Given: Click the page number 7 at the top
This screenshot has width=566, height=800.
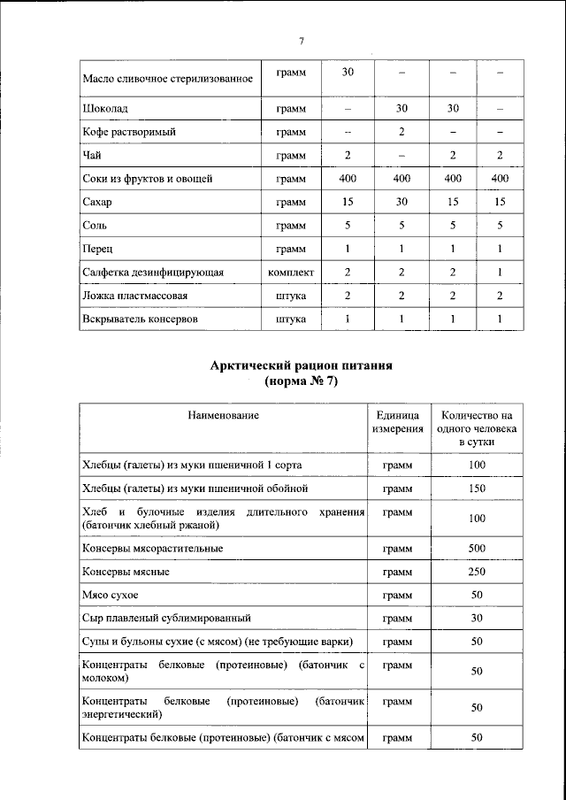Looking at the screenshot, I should tap(301, 42).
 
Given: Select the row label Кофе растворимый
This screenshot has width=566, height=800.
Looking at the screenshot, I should tap(129, 132).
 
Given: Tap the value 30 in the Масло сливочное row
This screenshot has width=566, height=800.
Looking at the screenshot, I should tap(348, 72).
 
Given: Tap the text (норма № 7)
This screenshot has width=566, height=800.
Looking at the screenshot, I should tap(301, 382).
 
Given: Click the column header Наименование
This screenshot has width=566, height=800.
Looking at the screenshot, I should tap(222, 415).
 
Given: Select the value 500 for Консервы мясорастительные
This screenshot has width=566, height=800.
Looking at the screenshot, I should tap(477, 549).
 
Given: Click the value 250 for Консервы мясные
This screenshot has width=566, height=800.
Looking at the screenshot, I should tap(477, 572).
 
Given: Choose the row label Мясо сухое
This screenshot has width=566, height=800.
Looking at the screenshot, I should tap(110, 596).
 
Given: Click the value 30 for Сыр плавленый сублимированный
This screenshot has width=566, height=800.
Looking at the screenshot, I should tap(477, 618).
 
